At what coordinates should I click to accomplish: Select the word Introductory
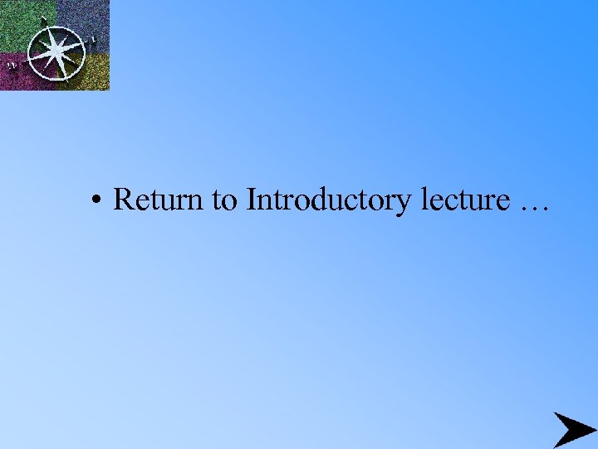(329, 201)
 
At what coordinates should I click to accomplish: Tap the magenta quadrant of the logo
(17, 75)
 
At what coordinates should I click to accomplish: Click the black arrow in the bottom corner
(573, 429)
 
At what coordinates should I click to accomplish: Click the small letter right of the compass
(93, 38)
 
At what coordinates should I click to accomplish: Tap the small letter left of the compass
(12, 64)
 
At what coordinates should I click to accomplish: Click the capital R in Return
(123, 200)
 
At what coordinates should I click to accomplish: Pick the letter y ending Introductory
(404, 205)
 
